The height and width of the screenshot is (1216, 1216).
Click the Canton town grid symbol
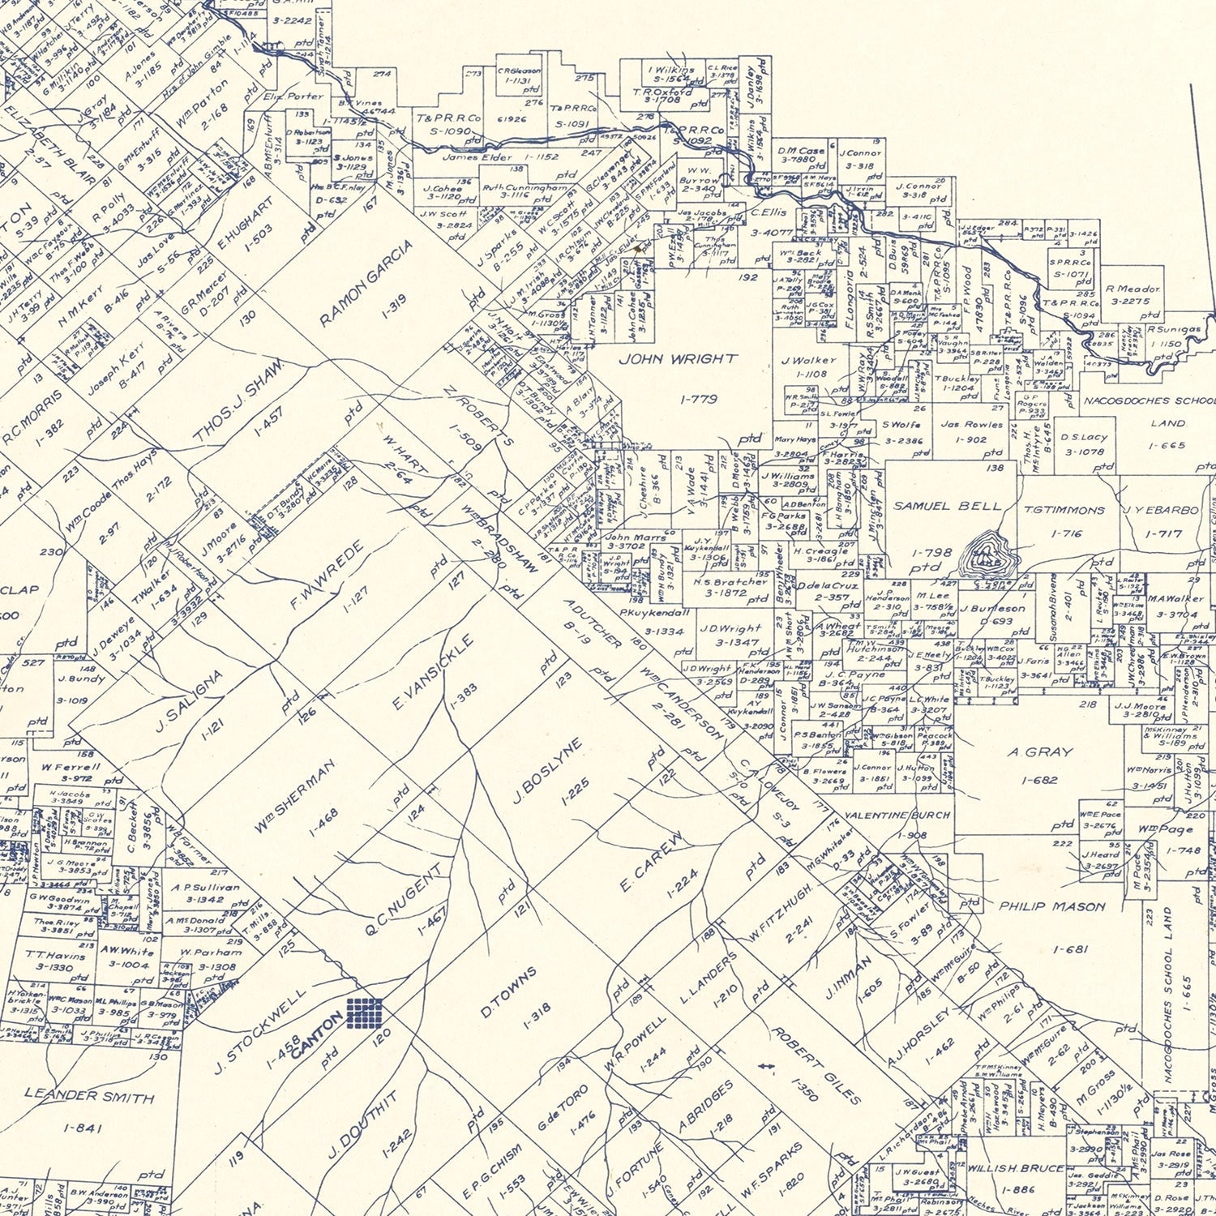pos(364,1013)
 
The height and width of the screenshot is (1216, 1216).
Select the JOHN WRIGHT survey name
pos(678,359)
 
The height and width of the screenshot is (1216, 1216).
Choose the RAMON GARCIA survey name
pos(366,283)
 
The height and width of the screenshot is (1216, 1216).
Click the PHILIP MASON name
pos(1051,906)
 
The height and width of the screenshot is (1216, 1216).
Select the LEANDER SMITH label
pos(89,1095)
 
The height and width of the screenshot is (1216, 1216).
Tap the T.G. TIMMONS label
pos(1064,510)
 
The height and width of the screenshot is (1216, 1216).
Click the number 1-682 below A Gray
pos(1040,780)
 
